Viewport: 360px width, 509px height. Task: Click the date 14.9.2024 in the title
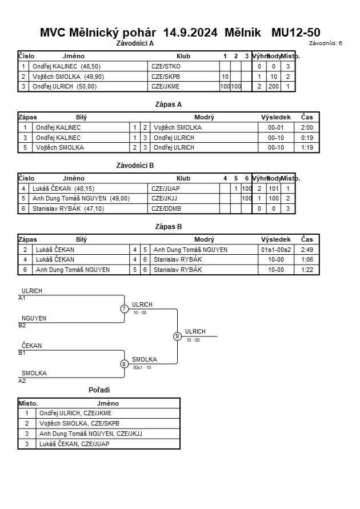[x=190, y=33]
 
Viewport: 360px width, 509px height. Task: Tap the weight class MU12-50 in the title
[x=296, y=33]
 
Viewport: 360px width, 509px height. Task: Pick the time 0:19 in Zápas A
[x=307, y=138]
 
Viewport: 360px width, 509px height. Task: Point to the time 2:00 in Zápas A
[x=307, y=127]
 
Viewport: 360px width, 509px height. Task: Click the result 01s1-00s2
[x=276, y=250]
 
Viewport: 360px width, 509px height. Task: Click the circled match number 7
[x=124, y=308]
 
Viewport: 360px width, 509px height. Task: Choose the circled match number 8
[x=124, y=364]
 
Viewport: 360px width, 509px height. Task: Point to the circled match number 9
[x=177, y=336]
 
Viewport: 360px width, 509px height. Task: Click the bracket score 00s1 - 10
[x=142, y=367]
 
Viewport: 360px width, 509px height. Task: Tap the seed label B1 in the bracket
[x=22, y=353]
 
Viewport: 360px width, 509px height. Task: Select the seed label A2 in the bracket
[x=22, y=381]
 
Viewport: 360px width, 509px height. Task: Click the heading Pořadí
[x=99, y=390]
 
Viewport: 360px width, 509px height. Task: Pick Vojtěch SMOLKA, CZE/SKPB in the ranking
[x=79, y=423]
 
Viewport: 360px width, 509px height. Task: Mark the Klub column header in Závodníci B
[x=183, y=178]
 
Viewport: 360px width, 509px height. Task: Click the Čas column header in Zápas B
[x=307, y=239]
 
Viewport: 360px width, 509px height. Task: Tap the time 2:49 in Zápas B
[x=307, y=250]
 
